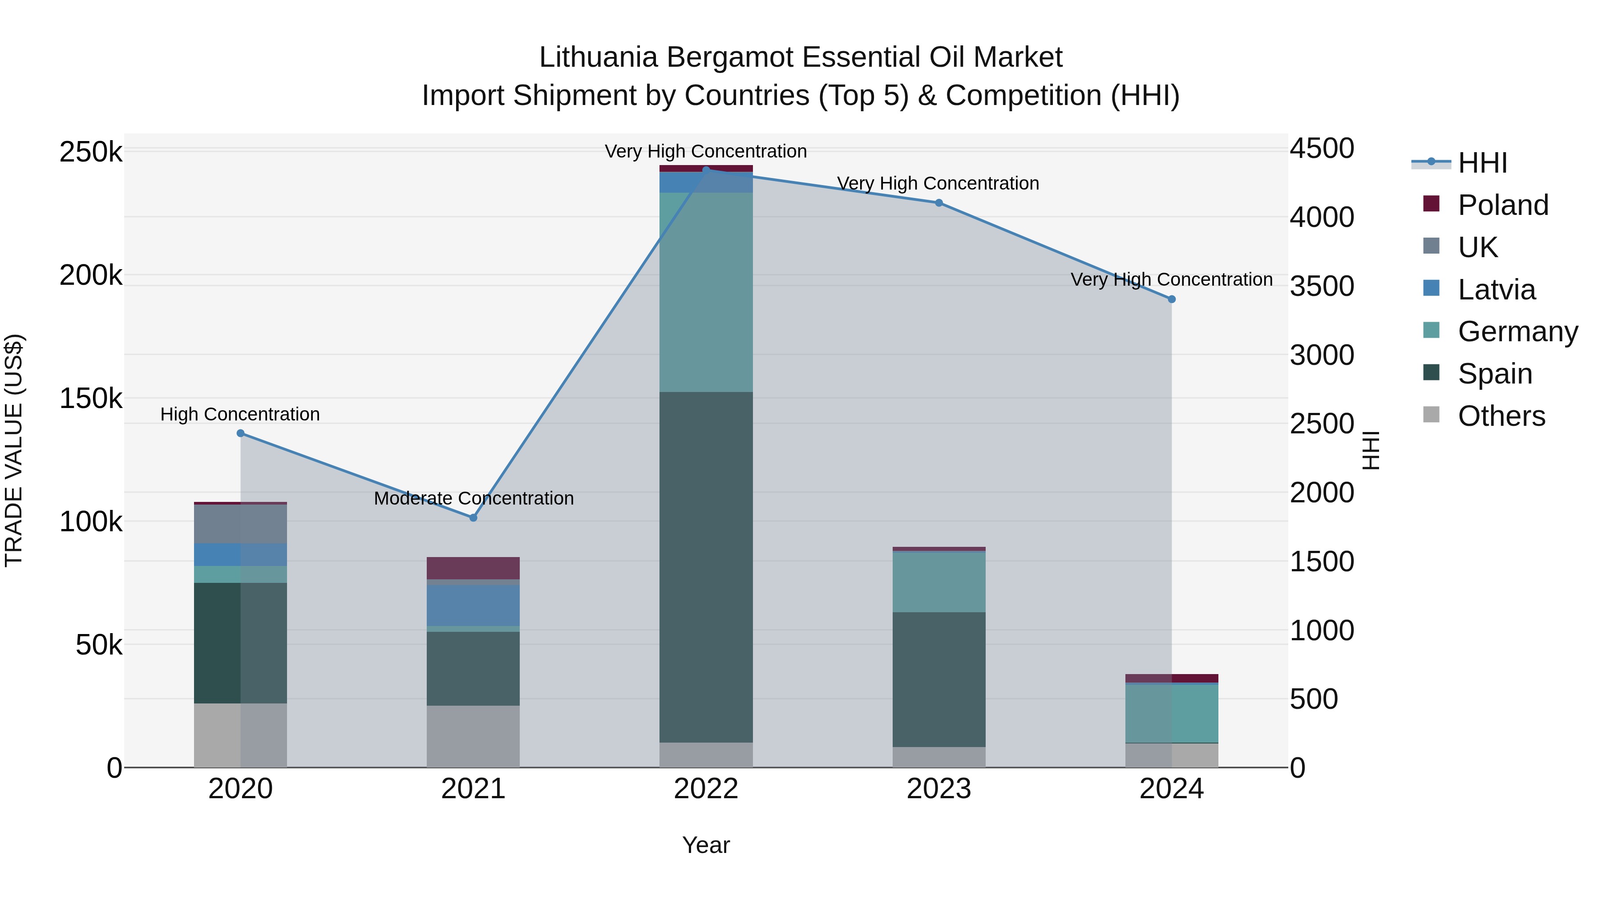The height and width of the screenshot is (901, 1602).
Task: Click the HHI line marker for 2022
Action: pyautogui.click(x=706, y=170)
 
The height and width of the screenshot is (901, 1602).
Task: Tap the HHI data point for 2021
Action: pyautogui.click(x=473, y=517)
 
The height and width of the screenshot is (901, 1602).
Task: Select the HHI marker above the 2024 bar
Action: pyautogui.click(x=1172, y=299)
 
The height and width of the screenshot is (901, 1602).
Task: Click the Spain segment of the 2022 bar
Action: pyautogui.click(x=706, y=566)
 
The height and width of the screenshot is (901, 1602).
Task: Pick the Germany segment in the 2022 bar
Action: pyautogui.click(x=706, y=292)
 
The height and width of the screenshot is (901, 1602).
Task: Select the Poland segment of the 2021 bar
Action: pyautogui.click(x=473, y=568)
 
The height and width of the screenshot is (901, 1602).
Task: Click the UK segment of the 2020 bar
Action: pyautogui.click(x=241, y=524)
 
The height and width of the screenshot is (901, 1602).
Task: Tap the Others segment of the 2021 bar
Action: pyautogui.click(x=473, y=736)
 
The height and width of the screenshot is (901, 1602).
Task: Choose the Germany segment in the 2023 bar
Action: pyautogui.click(x=939, y=582)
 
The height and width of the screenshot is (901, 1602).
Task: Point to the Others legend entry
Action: pyautogui.click(x=1501, y=416)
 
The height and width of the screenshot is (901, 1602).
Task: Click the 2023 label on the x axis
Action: pyautogui.click(x=939, y=789)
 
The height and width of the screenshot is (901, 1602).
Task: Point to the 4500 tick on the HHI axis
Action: pyautogui.click(x=1322, y=149)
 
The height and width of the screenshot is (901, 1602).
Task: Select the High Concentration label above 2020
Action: pyautogui.click(x=240, y=414)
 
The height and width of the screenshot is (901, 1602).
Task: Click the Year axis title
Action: pyautogui.click(x=706, y=845)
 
